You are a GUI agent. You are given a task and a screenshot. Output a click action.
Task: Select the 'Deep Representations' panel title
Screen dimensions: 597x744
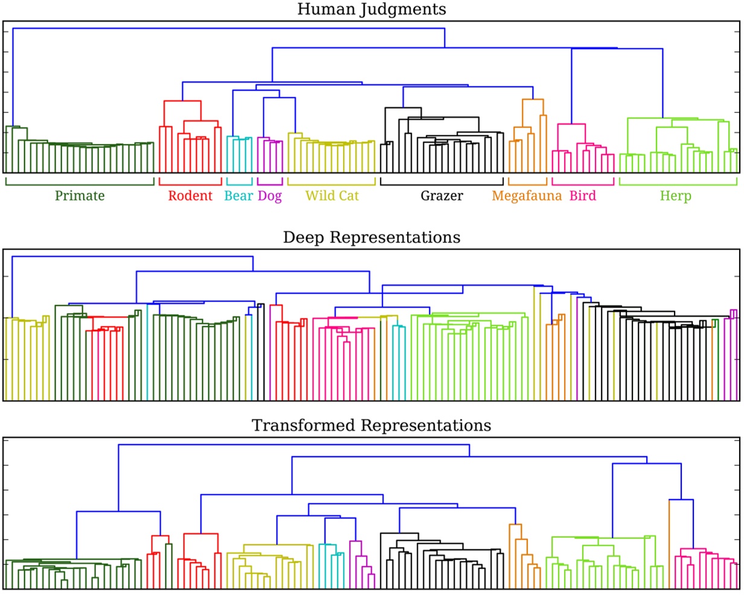click(372, 237)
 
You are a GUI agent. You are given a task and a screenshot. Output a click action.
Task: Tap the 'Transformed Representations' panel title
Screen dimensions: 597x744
click(371, 425)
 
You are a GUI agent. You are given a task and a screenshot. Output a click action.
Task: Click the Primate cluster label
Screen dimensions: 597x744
click(80, 196)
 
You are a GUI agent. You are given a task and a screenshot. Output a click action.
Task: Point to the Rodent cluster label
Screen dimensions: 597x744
click(190, 196)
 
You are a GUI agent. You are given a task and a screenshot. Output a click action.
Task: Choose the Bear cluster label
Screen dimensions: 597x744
click(239, 196)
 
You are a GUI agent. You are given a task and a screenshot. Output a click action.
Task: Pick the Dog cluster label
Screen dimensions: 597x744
click(270, 196)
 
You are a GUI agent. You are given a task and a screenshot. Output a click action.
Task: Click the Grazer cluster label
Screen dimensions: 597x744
click(441, 196)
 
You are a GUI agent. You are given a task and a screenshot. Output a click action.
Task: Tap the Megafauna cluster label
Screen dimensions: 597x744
click(527, 196)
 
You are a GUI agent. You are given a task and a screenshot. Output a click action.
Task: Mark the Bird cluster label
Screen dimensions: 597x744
click(583, 196)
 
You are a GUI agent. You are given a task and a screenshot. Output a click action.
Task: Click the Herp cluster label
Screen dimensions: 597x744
click(676, 196)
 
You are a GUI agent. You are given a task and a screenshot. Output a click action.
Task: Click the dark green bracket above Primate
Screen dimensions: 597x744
click(80, 184)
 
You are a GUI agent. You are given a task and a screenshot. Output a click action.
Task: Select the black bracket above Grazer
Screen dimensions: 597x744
click(441, 184)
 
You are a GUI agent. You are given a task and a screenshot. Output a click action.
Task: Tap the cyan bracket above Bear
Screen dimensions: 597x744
click(239, 184)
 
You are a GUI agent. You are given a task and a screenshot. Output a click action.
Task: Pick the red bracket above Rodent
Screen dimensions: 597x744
click(190, 184)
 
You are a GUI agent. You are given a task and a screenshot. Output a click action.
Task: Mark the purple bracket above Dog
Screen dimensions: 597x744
click(270, 184)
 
